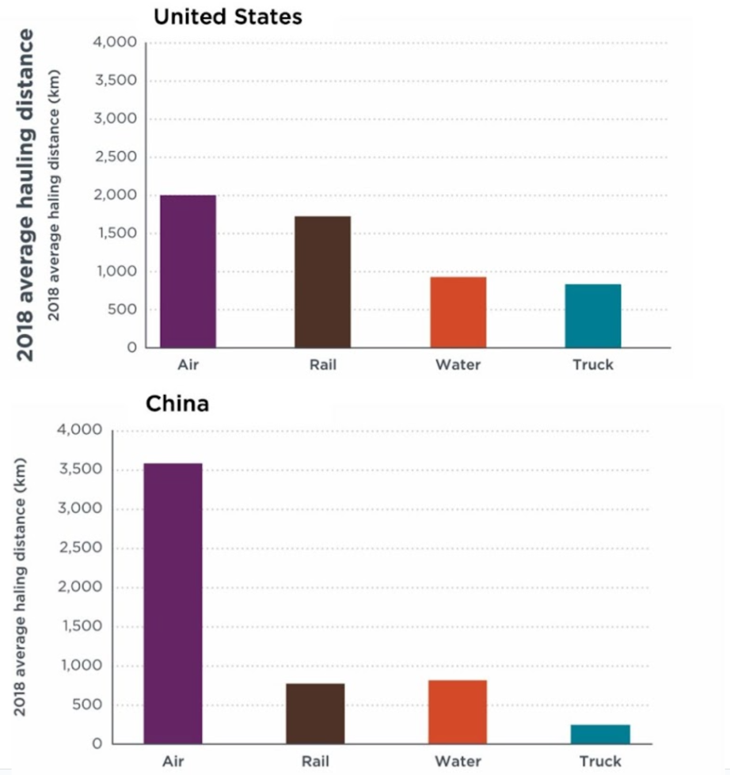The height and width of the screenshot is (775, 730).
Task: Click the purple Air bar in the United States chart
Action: [188, 272]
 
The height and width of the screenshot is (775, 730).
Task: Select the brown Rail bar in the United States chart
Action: [323, 282]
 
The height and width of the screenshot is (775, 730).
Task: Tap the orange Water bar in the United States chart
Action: [458, 312]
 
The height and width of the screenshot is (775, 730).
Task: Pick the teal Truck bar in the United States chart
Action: [593, 316]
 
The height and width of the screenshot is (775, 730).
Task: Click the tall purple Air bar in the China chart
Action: [173, 603]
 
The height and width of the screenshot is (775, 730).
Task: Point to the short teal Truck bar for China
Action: [601, 734]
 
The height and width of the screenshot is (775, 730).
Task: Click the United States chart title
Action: [228, 17]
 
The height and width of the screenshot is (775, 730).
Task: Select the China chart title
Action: [177, 404]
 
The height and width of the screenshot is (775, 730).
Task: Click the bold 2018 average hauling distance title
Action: [26, 195]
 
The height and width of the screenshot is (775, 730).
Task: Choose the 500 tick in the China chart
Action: [92, 705]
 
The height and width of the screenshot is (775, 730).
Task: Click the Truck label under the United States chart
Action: [593, 365]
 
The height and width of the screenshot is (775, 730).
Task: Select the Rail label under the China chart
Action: [315, 762]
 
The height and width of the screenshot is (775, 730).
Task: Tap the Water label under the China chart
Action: [458, 762]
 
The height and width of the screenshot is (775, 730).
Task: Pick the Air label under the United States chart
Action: [188, 365]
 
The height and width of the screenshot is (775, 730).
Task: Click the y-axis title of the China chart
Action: [21, 587]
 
